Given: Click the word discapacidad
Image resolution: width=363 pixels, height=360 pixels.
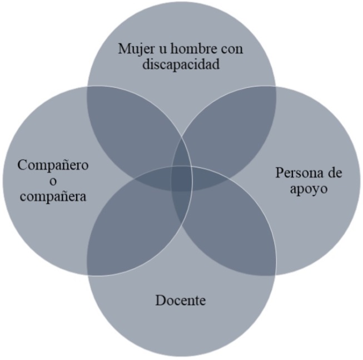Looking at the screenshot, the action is (x=182, y=65).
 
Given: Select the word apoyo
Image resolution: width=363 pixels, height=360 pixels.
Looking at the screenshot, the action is (x=309, y=188).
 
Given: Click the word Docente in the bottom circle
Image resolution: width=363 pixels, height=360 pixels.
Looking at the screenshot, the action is (x=181, y=301).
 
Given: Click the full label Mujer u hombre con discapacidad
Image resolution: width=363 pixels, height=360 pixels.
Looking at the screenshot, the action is (x=182, y=56).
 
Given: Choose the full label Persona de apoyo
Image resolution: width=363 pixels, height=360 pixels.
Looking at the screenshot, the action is (x=309, y=180).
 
